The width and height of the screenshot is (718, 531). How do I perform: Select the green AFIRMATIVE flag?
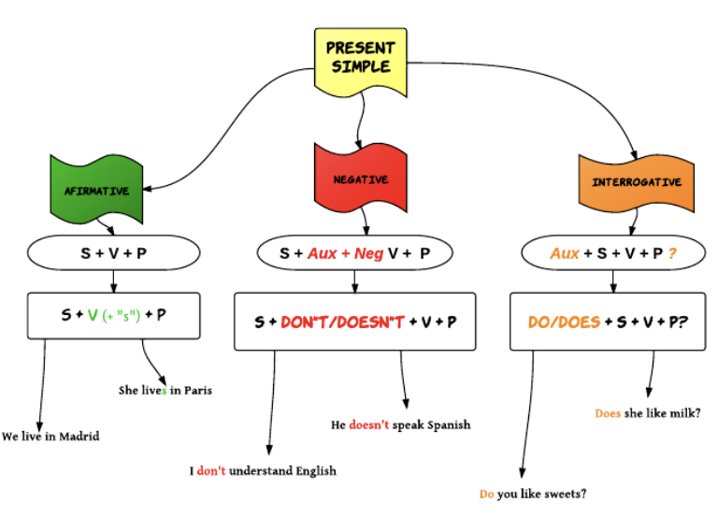coord(96,191)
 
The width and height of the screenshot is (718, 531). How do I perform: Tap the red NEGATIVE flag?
coord(361,179)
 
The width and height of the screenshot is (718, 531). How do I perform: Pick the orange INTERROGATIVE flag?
coord(636,182)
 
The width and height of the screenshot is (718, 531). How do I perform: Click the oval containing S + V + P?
coord(114,253)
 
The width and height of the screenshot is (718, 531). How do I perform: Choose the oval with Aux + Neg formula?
coord(354,253)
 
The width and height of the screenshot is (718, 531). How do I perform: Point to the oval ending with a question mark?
coord(612,253)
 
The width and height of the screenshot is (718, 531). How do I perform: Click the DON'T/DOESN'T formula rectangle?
coord(354,322)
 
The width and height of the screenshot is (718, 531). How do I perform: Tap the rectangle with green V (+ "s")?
coord(114,315)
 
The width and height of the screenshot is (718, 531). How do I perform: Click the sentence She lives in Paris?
coord(165,390)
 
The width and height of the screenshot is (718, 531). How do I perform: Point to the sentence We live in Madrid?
coord(50,437)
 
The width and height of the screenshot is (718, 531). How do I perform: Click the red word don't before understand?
coord(212,471)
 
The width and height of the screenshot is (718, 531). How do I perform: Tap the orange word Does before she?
coord(608,412)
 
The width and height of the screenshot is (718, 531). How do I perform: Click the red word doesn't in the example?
coord(369,425)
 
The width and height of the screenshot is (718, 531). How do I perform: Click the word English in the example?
coord(316,471)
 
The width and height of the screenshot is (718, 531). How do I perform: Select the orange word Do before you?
coord(486,494)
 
